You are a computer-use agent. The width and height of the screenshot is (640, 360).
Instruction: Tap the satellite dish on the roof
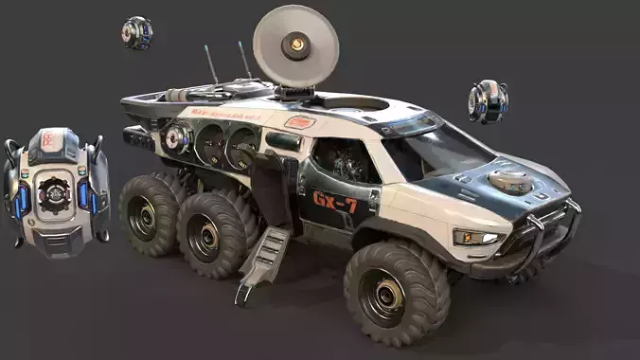295,45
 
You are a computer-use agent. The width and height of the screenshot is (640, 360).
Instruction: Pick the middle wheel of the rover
209,234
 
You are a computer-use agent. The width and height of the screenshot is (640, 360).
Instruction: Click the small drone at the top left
136,32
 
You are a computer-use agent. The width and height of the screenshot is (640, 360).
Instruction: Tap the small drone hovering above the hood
488,100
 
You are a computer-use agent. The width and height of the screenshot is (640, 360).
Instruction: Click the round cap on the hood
511,182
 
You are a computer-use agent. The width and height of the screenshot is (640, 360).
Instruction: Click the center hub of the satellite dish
297,44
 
